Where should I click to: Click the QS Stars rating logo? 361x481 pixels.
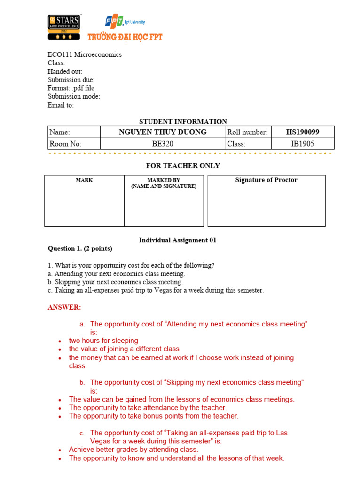[63, 27]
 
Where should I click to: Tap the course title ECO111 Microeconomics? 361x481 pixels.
[85, 54]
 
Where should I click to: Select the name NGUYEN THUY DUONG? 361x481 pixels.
[163, 132]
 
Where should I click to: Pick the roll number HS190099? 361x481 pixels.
[304, 132]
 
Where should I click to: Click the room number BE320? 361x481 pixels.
[163, 144]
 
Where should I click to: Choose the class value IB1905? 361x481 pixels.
[303, 144]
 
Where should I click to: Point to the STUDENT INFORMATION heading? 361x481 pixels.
[183, 121]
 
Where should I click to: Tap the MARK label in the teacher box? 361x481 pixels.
[85, 180]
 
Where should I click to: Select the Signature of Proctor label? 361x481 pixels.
[266, 180]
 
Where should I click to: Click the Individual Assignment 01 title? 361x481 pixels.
[178, 240]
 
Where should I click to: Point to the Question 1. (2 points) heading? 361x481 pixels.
[80, 248]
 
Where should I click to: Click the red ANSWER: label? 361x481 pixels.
[64, 307]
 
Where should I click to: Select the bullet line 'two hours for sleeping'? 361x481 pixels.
[103, 341]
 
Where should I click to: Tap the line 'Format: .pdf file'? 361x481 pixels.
[71, 88]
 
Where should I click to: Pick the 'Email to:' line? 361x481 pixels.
[61, 105]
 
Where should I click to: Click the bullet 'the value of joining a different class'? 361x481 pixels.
[124, 349]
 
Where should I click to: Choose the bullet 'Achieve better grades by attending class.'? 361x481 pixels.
[133, 450]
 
